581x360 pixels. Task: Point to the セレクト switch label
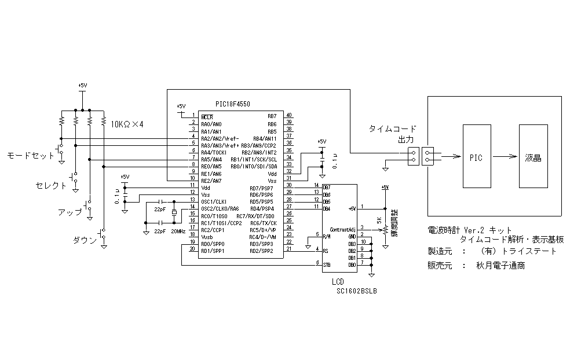(x=52, y=186)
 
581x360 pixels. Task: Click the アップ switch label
(x=70, y=212)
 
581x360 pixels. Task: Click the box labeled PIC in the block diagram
(x=475, y=157)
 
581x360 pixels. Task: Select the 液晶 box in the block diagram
(x=533, y=157)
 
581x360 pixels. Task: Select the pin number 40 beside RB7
(x=289, y=116)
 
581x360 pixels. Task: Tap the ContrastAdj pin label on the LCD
(x=342, y=229)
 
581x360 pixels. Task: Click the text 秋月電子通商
(x=502, y=266)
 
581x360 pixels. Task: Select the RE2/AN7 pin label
(x=211, y=181)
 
